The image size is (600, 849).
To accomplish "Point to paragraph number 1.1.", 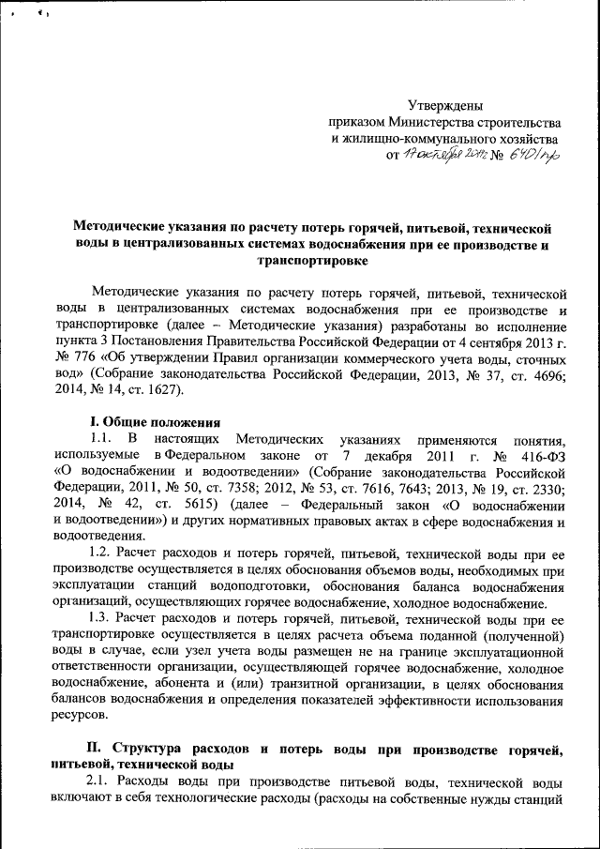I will click(102, 439).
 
